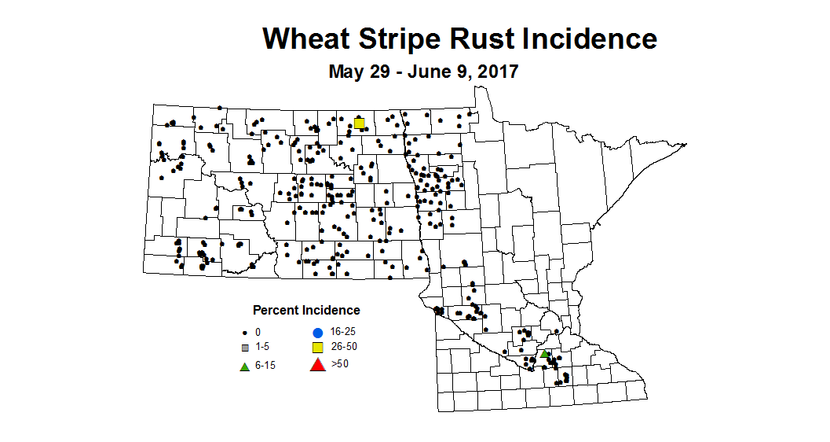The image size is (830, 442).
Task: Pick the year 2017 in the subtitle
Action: click(x=496, y=72)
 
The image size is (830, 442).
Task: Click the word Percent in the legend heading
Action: click(x=276, y=311)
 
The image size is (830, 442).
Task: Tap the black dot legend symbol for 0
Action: click(x=245, y=333)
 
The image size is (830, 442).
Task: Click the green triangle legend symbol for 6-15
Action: click(x=245, y=366)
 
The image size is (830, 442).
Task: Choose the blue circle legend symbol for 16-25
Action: click(x=317, y=333)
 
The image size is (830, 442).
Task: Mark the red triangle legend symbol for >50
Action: click(x=317, y=365)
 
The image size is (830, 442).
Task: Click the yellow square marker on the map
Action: click(x=359, y=123)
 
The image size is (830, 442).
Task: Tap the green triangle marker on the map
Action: click(x=543, y=354)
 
